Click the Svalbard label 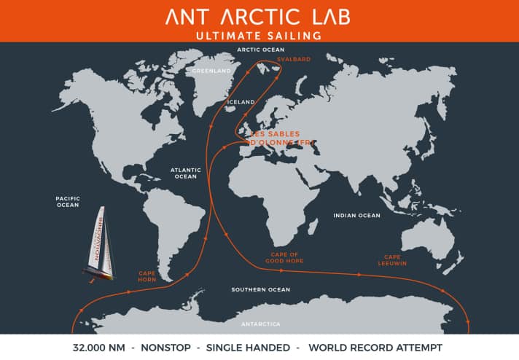click(x=289, y=59)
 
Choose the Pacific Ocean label click(x=67, y=201)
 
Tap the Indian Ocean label click(x=356, y=216)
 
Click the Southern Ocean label click(x=260, y=289)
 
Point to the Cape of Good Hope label click(x=285, y=257)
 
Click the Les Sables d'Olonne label click(x=280, y=138)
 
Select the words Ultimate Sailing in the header click(x=259, y=35)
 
